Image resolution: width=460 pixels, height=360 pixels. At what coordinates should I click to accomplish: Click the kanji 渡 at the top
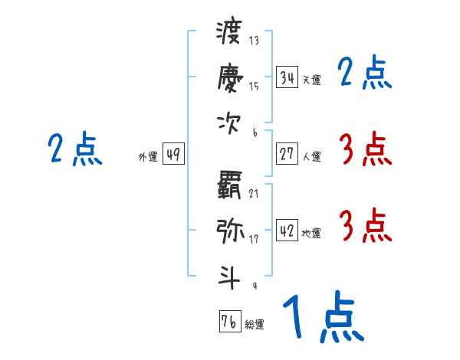point(229,34)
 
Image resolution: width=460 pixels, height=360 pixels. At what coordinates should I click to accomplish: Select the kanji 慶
point(229,77)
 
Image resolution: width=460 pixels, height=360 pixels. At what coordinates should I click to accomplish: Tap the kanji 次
point(229,123)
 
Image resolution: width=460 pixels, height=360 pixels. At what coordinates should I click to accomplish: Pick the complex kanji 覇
point(229,185)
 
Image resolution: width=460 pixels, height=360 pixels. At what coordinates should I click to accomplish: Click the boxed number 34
point(287,78)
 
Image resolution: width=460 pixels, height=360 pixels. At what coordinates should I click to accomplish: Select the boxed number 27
point(287,153)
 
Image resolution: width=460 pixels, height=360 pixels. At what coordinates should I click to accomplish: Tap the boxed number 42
point(287,229)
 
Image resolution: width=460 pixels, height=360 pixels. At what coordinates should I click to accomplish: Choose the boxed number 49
point(173,155)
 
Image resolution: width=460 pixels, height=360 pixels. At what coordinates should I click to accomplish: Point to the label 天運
point(311,80)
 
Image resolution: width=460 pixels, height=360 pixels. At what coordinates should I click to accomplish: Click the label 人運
point(311,156)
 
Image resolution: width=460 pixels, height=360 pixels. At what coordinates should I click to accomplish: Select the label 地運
point(311,232)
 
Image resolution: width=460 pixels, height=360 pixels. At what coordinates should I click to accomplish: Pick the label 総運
point(255,325)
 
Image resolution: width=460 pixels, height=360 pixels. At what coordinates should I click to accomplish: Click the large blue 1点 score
point(322,317)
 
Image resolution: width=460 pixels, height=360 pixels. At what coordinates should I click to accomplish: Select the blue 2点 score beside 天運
point(365,74)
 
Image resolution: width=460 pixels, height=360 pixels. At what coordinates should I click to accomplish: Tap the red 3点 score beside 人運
point(365,149)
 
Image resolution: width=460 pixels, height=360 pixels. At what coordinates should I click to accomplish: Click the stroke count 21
point(254,193)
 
